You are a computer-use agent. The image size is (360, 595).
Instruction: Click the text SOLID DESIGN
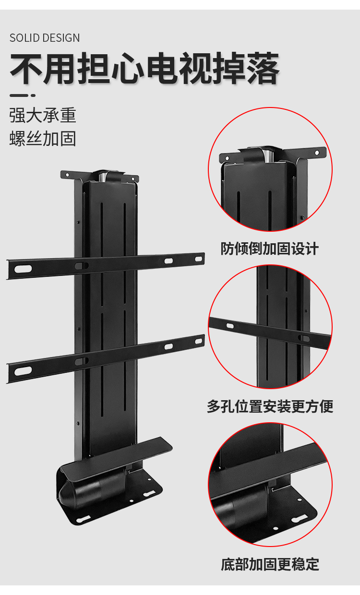(x=45, y=38)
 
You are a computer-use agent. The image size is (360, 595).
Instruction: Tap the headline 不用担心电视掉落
(x=144, y=68)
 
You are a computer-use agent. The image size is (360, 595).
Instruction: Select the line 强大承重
(x=43, y=115)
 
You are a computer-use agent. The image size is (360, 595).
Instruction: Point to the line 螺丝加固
(x=43, y=138)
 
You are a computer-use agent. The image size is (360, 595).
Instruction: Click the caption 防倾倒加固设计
(x=270, y=249)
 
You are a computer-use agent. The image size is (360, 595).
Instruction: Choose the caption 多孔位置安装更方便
(x=270, y=406)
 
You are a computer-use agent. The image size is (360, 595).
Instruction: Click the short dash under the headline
(x=23, y=95)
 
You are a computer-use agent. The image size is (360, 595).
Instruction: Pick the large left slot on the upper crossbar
(x=23, y=269)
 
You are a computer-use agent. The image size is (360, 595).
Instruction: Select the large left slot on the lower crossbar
(x=23, y=371)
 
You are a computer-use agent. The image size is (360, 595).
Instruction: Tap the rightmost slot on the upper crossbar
(x=199, y=259)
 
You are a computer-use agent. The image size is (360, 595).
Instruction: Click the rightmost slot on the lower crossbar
(x=199, y=341)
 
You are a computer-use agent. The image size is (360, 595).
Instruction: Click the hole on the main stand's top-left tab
(x=67, y=175)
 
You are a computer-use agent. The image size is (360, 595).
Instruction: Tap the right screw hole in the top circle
(x=317, y=153)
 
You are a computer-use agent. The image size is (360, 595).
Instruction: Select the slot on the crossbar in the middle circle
(x=230, y=326)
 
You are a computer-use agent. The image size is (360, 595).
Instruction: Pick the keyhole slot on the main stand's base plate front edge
(x=83, y=519)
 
